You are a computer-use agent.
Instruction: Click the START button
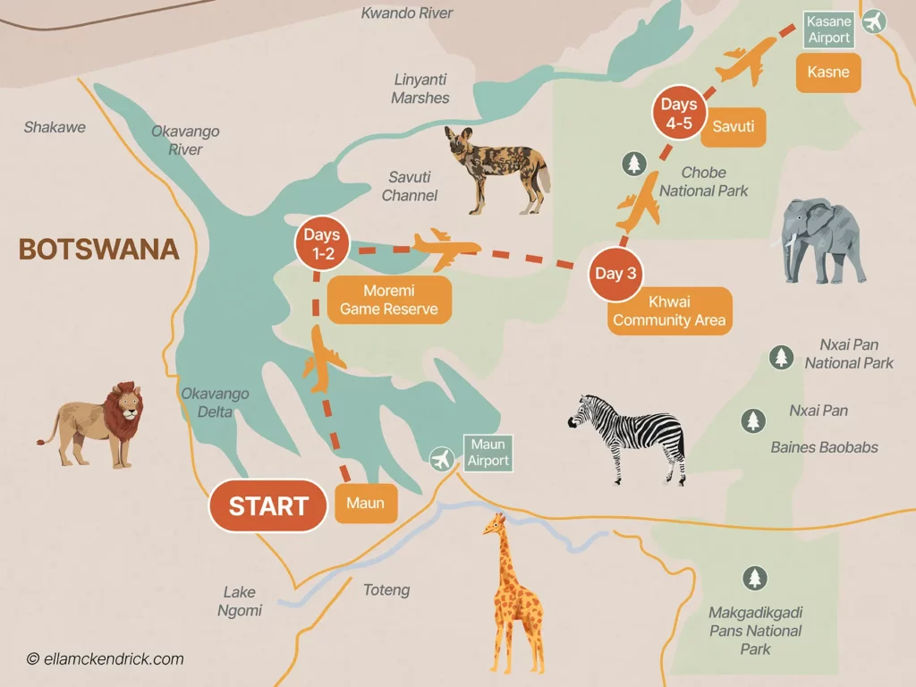[267, 506]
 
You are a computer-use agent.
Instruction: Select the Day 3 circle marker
[615, 274]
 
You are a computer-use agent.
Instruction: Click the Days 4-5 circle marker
[678, 114]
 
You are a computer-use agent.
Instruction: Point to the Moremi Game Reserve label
[388, 301]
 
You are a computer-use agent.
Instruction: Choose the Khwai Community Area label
[669, 311]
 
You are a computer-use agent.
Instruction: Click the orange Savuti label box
[734, 127]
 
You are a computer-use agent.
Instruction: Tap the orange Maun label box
[365, 504]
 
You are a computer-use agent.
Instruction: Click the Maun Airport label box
[488, 453]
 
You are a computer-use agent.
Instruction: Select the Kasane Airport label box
[827, 30]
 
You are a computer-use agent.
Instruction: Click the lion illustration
[97, 424]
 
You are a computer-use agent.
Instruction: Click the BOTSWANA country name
[98, 249]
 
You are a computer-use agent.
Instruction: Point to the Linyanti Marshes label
[420, 89]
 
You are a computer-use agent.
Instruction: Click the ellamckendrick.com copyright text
[105, 659]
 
